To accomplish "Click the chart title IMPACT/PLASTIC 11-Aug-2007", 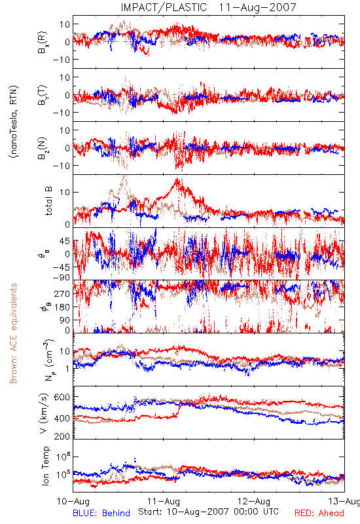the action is pos(208,7).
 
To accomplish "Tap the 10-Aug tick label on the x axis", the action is pos(73,501).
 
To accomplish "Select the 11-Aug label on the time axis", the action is pos(164,501).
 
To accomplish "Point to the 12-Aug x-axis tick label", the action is pos(254,501).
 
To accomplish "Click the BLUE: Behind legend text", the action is pos(101,513).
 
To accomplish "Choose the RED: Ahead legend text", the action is pos(319,513).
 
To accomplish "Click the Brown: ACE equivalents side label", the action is pos(13,333).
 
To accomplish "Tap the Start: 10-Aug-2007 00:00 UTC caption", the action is pos(208,512).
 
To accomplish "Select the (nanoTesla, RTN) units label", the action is pos(14,122).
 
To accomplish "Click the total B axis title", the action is pos(48,201).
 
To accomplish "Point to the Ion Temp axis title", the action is pos(45,466).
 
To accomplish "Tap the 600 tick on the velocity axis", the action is pos(62,398).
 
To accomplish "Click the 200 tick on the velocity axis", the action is pos(62,436).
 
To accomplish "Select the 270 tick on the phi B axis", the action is pos(62,293).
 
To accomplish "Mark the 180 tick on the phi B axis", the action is pos(62,307).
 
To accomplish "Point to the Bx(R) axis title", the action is pos(43,42).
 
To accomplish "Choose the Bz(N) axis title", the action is pos(43,148).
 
